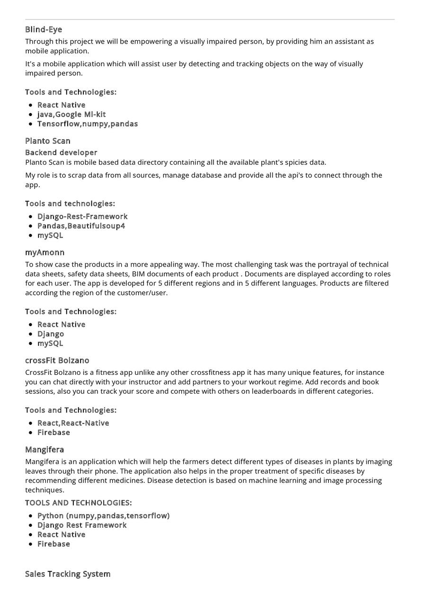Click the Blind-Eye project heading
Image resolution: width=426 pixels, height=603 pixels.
(x=44, y=29)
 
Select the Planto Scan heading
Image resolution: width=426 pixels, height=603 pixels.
(x=47, y=141)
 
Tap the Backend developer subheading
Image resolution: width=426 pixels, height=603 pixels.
(x=61, y=152)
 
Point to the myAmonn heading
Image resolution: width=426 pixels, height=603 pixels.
(x=44, y=252)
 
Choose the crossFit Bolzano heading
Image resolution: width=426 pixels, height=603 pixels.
(x=57, y=360)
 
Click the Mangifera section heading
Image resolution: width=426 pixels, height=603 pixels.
(x=44, y=449)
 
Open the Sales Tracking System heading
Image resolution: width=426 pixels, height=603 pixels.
(x=68, y=574)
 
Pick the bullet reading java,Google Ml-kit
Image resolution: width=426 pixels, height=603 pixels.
(x=71, y=114)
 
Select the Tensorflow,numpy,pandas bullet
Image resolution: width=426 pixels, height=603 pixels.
(x=88, y=124)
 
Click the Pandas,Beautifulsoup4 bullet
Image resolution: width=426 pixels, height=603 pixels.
(x=81, y=226)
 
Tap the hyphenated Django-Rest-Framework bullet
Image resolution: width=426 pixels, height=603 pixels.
(x=82, y=216)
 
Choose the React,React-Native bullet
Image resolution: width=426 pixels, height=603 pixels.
(x=73, y=423)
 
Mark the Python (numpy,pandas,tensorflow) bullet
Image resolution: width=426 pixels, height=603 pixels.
(x=103, y=515)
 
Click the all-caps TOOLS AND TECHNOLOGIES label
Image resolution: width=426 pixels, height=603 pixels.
(x=78, y=503)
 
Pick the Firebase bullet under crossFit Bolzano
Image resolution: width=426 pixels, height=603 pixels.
(x=53, y=432)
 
